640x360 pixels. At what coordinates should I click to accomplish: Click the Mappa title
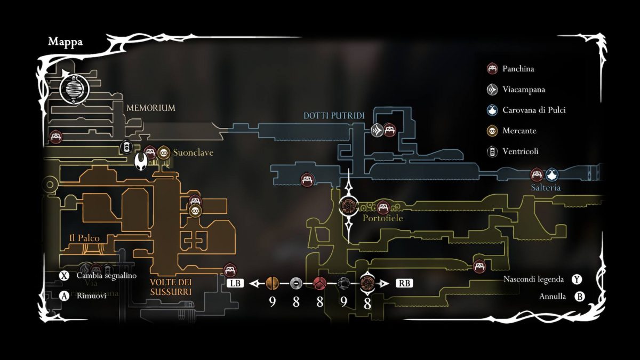pos(65,42)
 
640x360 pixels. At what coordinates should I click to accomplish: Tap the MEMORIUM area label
pos(150,108)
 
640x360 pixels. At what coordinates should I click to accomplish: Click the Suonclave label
pos(193,153)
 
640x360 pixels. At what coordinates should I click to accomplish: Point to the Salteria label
pos(546,188)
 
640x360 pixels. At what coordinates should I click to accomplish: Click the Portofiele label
pos(382,218)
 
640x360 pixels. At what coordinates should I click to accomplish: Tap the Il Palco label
pos(84,238)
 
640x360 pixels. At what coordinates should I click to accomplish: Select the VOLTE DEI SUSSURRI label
pos(171,286)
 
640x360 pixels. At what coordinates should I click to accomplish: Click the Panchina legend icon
pos(492,69)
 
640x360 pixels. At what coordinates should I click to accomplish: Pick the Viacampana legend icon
pos(492,90)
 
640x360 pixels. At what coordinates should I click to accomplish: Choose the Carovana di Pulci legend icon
pos(492,110)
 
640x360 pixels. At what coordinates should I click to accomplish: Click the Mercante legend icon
pos(492,131)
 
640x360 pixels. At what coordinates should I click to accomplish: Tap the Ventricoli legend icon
pos(492,151)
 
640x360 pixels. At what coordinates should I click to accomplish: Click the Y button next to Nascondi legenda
pos(577,279)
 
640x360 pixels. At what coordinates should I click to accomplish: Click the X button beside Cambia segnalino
pos(65,276)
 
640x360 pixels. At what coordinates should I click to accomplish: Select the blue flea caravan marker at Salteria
pos(551,174)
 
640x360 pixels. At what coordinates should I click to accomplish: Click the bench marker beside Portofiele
pos(382,207)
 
